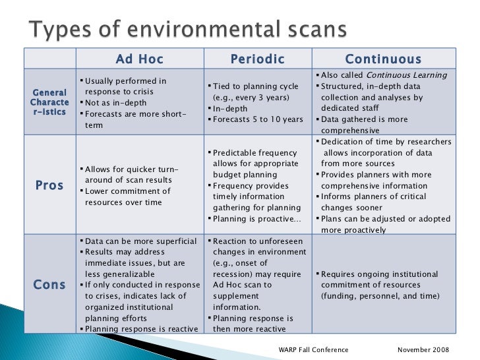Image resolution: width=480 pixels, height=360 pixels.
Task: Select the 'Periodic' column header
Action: click(x=257, y=59)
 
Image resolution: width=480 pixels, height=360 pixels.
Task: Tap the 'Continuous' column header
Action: click(x=383, y=59)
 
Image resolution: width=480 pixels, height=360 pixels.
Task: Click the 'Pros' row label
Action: click(x=49, y=185)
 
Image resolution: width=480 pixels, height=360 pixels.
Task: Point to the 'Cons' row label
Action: click(x=49, y=285)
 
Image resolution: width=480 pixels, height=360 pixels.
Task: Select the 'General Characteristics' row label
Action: click(x=49, y=102)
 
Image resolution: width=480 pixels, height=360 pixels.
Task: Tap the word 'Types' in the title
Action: click(x=58, y=30)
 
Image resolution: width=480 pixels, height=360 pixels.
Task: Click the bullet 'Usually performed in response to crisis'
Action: click(x=125, y=86)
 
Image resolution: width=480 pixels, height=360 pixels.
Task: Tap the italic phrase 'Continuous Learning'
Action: click(x=407, y=75)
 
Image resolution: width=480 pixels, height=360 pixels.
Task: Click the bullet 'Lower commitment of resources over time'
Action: click(x=125, y=196)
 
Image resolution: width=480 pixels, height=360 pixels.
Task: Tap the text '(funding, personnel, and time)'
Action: click(x=380, y=296)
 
